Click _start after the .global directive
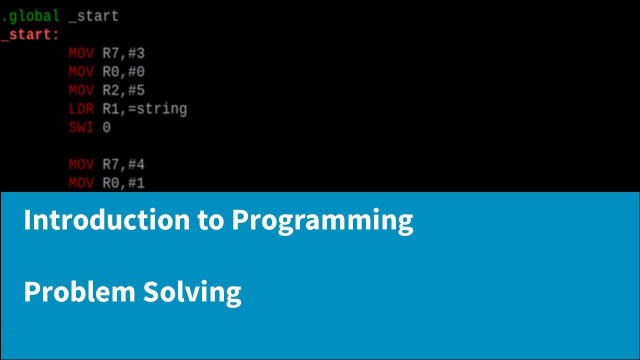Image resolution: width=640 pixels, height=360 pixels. point(93,16)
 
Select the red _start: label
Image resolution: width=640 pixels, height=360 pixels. point(30,34)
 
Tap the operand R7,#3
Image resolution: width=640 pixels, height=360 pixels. point(123,53)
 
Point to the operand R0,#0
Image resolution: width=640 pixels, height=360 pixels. point(123,71)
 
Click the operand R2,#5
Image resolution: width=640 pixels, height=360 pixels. point(123,90)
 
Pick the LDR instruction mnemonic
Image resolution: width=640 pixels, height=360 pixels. point(81,108)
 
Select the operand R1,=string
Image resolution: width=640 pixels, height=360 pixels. point(144,108)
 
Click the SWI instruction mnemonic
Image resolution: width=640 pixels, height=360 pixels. point(81,127)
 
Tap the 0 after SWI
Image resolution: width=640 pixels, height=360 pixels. point(106,127)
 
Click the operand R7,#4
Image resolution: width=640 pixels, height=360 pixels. point(123,164)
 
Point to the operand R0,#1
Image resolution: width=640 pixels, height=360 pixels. point(123,182)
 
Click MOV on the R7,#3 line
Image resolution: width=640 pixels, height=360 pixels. point(81,53)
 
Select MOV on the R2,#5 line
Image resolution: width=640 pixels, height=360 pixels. point(81,90)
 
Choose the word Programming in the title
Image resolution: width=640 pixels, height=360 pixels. point(322,220)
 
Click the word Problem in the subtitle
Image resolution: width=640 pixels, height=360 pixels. point(79,291)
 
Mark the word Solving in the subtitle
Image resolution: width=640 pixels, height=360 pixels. point(192,292)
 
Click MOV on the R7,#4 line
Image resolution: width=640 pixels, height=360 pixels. point(81,164)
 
